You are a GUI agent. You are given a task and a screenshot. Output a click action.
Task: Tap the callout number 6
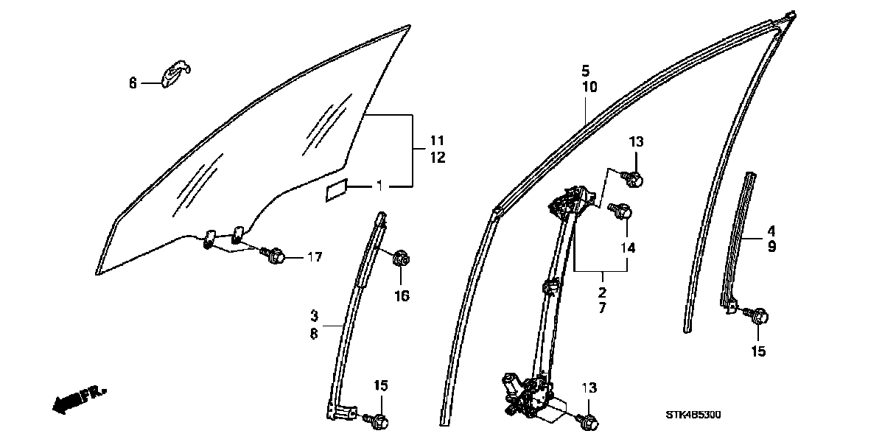point(133,84)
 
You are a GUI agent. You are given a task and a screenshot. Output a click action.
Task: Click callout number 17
point(315,257)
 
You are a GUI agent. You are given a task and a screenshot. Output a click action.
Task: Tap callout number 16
point(402,295)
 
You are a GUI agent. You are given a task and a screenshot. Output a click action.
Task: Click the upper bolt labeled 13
point(636,178)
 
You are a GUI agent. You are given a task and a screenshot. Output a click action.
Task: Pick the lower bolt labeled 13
point(589,422)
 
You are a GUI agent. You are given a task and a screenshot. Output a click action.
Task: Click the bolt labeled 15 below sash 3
point(379,421)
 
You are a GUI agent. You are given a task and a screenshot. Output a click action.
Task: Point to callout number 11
point(437,140)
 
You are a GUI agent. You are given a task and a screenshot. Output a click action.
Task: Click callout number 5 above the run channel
point(585,71)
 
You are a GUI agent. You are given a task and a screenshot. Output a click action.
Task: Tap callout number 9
point(771,248)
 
